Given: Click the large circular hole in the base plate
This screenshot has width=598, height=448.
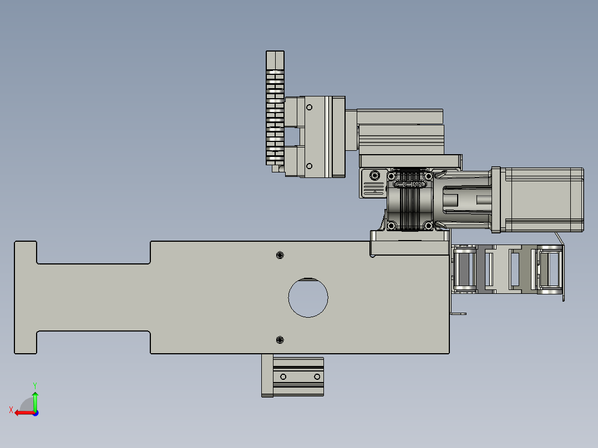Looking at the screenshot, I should click(308, 297).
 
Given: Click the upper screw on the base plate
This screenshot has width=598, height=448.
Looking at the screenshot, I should click(280, 255).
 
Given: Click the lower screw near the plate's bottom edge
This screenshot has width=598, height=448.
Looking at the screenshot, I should click(280, 339).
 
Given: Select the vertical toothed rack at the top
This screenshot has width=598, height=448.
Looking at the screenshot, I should click(275, 111).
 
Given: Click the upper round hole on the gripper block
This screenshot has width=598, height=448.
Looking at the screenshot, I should click(310, 107).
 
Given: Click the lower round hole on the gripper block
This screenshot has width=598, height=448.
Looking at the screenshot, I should click(310, 165).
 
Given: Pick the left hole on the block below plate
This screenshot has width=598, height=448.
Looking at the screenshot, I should click(283, 377).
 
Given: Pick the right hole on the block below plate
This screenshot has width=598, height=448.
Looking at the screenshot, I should click(317, 377).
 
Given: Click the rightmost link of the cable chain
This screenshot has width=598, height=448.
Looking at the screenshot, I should click(550, 269).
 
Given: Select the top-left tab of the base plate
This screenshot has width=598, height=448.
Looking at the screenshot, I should click(26, 252).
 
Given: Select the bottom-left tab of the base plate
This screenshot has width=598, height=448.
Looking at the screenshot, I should click(26, 342).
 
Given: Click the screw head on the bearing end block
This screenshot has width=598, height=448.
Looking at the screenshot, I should click(376, 176).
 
